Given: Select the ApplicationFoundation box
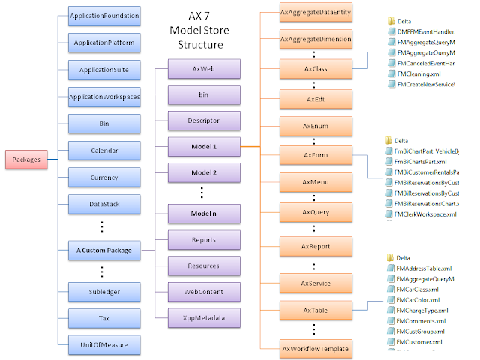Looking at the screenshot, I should click(x=103, y=15).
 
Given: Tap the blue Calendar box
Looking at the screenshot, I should click(x=103, y=151).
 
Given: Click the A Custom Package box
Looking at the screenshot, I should click(x=103, y=250).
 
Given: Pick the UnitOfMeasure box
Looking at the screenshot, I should click(x=103, y=344).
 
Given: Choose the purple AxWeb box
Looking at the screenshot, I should click(x=203, y=69).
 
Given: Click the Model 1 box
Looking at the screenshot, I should click(x=203, y=145).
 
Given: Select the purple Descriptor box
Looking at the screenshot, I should click(x=203, y=120).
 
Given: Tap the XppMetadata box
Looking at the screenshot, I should click(x=203, y=317).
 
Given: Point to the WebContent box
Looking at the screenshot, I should click(x=203, y=291).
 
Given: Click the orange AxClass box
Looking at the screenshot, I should click(x=315, y=68).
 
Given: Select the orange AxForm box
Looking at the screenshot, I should click(x=315, y=155).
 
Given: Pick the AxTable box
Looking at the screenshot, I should click(x=315, y=310).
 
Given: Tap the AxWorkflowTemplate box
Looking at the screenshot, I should click(x=315, y=348).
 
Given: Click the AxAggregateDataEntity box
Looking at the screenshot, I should click(x=315, y=13).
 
